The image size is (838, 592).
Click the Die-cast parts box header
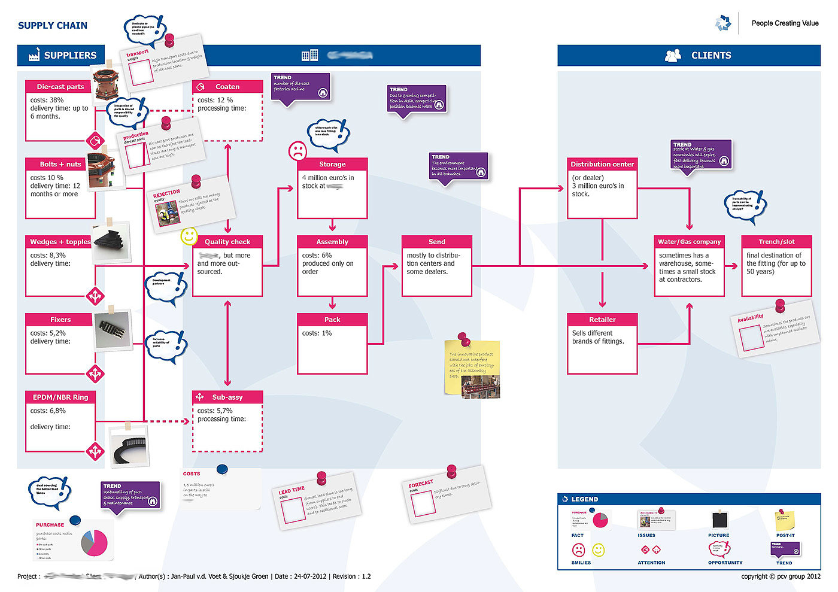[60, 87]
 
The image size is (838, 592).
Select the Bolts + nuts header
[60, 164]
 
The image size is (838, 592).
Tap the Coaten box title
[227, 87]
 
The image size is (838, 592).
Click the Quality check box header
[227, 242]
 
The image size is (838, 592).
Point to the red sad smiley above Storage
[297, 151]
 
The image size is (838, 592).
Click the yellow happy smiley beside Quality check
[189, 236]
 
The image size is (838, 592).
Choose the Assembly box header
[332, 242]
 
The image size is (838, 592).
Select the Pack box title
[332, 320]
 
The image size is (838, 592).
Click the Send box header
[437, 242]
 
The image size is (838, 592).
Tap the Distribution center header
[602, 164]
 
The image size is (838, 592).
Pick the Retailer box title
[602, 320]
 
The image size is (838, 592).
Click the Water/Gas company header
[690, 242]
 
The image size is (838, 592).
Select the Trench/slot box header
[776, 242]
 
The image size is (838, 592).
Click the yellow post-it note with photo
[472, 368]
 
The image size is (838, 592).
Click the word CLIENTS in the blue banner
[711, 56]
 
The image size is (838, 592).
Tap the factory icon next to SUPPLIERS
[34, 55]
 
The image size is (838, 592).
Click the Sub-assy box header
[227, 397]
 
